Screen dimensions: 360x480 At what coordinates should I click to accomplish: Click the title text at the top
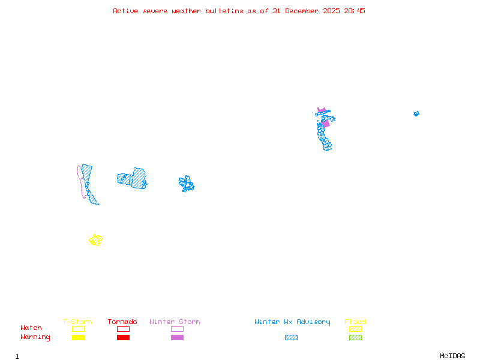coord(239,11)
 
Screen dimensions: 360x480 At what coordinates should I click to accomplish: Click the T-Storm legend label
coord(77,322)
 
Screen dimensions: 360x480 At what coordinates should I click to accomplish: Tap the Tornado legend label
coord(122,322)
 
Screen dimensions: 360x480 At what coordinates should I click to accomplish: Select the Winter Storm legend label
coord(175,322)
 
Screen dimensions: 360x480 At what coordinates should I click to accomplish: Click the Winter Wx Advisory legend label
coord(292,322)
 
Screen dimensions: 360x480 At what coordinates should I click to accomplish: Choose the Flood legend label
coord(355,322)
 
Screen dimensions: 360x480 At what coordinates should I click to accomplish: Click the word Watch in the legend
coord(31,328)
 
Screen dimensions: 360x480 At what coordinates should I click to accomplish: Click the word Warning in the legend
coord(35,337)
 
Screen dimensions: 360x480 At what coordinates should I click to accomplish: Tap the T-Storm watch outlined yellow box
coord(78,329)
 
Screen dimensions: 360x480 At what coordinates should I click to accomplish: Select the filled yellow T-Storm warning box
coord(78,338)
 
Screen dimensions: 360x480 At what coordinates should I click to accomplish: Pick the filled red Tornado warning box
coord(123,338)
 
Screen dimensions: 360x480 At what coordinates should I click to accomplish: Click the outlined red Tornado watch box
coord(123,329)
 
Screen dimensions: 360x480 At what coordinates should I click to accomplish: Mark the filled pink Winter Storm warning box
coord(177,338)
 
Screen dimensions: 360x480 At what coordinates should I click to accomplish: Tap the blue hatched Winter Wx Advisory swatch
coord(291,338)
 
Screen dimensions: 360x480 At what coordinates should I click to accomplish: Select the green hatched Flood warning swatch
coord(355,338)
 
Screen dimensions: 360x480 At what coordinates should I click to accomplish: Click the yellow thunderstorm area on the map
coord(95,240)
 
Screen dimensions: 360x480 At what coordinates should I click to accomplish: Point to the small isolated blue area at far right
coord(416,113)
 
